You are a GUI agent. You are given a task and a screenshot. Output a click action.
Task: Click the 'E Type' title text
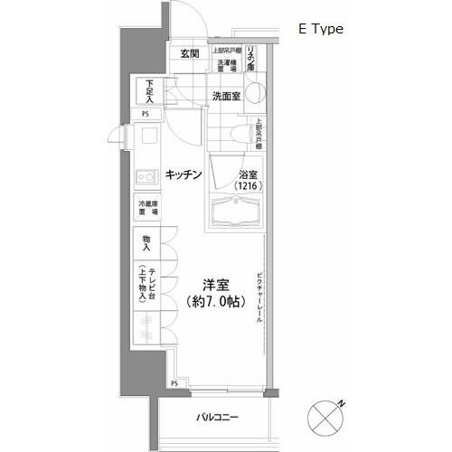click(x=320, y=29)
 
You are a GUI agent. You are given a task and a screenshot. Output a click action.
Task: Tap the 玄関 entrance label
click(x=189, y=55)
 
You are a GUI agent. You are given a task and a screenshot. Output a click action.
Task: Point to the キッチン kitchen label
click(x=183, y=174)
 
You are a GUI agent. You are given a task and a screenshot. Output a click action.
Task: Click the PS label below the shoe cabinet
click(x=144, y=115)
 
